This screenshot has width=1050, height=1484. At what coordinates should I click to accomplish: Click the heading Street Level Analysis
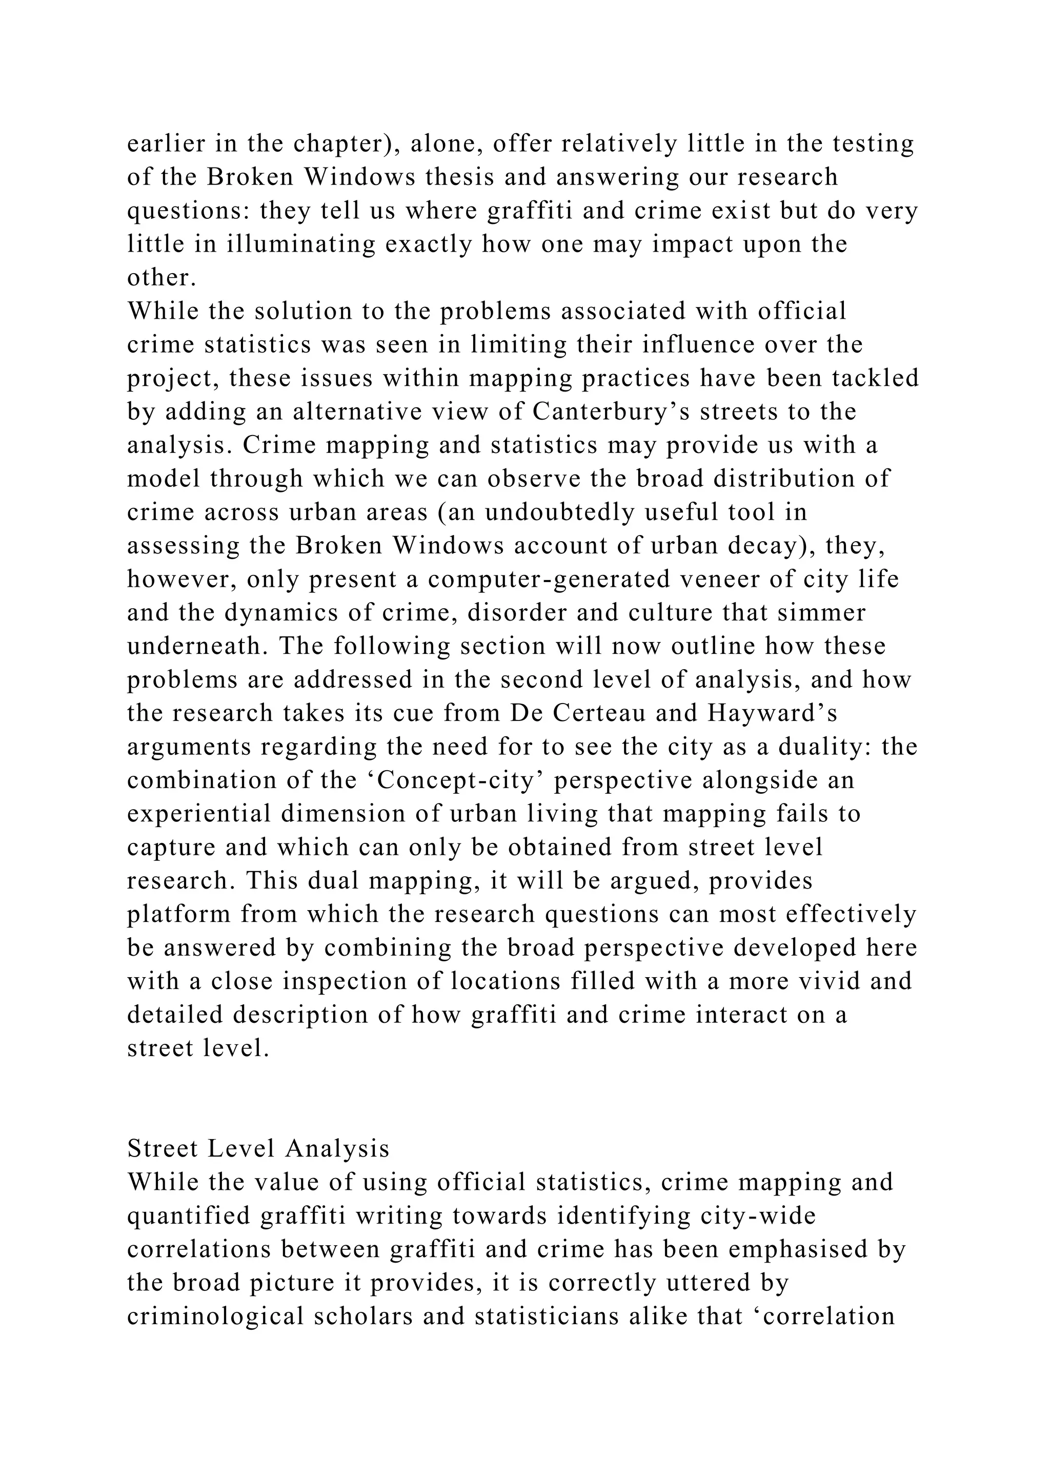[258, 1148]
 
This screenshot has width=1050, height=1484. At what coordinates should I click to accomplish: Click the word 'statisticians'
[559, 1316]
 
